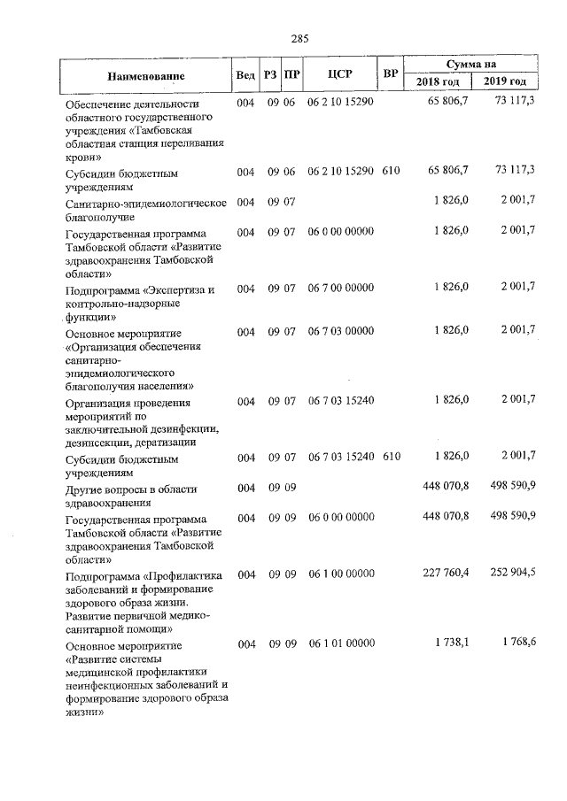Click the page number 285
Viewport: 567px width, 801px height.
[299, 38]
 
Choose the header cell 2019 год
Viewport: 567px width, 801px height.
[505, 82]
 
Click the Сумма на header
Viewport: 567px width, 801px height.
[471, 65]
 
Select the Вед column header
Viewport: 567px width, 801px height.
[245, 74]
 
